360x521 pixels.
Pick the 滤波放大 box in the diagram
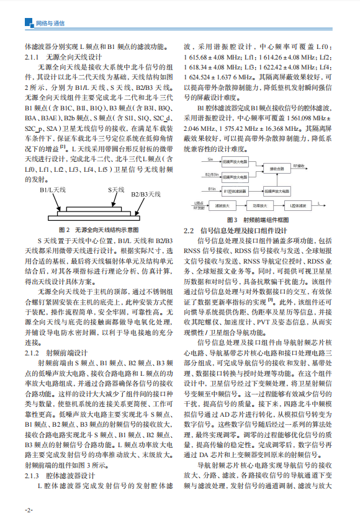218,203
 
